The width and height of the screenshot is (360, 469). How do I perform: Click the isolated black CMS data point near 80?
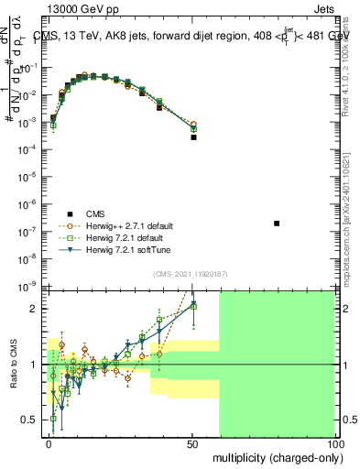pos(278,224)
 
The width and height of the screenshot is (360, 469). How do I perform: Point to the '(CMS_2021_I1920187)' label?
pos(191,275)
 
